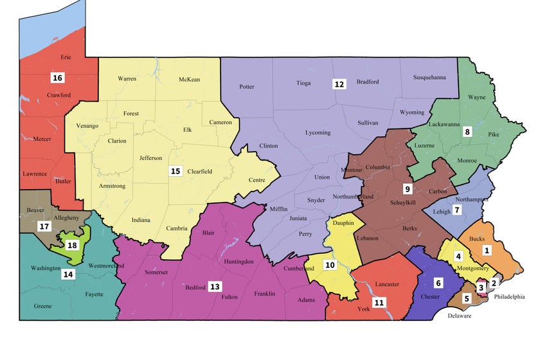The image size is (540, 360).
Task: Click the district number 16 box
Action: coord(57,78)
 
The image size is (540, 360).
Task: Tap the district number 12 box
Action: coord(339,84)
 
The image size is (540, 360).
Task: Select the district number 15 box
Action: coord(175,171)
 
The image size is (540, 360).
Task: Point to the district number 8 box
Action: coord(467,132)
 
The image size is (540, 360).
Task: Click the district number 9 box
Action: coord(407,189)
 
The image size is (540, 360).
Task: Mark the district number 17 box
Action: coord(44,226)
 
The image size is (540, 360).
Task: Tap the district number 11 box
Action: coord(379,301)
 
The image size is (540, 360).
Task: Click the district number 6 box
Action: coord(438,282)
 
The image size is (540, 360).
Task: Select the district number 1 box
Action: coord(487,250)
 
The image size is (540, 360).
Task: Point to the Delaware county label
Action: coord(460,316)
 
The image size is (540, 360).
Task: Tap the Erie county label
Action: coord(66,57)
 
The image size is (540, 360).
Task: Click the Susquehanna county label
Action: coord(429,78)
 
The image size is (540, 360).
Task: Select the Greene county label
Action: coord(43,306)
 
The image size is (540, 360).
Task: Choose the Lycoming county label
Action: coord(318,133)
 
